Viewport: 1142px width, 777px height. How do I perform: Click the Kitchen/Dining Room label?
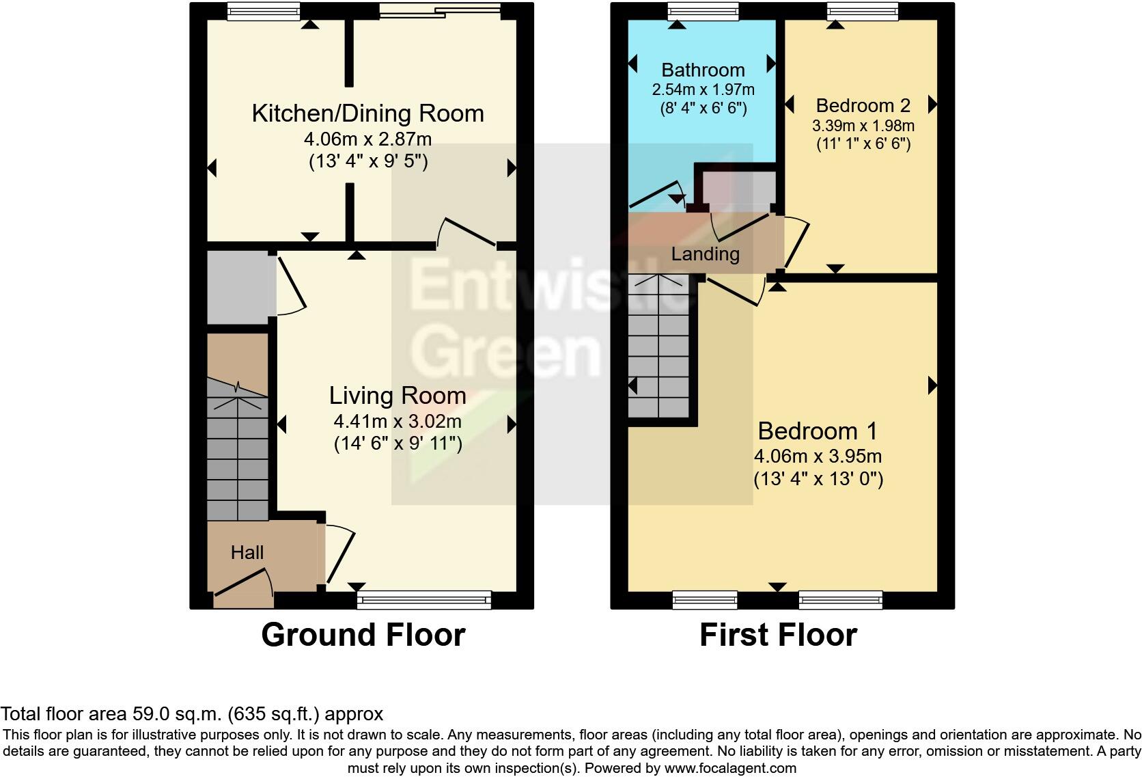[367, 113]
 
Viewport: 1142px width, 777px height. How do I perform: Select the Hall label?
[247, 552]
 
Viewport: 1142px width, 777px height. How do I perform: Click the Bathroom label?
[702, 70]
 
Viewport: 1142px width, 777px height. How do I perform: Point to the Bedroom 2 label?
[863, 105]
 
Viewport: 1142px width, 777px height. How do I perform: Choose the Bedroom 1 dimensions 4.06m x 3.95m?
[817, 456]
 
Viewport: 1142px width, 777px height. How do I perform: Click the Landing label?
[705, 254]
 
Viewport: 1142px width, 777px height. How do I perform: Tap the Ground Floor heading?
[363, 635]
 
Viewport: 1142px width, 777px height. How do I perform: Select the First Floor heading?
[777, 635]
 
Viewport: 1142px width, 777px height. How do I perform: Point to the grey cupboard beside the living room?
[237, 288]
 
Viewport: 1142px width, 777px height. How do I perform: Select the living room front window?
[423, 601]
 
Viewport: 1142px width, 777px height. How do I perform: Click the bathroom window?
[703, 10]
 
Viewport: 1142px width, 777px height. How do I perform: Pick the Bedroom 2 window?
[862, 10]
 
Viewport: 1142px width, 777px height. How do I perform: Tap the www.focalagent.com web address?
[729, 767]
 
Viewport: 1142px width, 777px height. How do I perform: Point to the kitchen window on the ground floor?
[263, 10]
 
